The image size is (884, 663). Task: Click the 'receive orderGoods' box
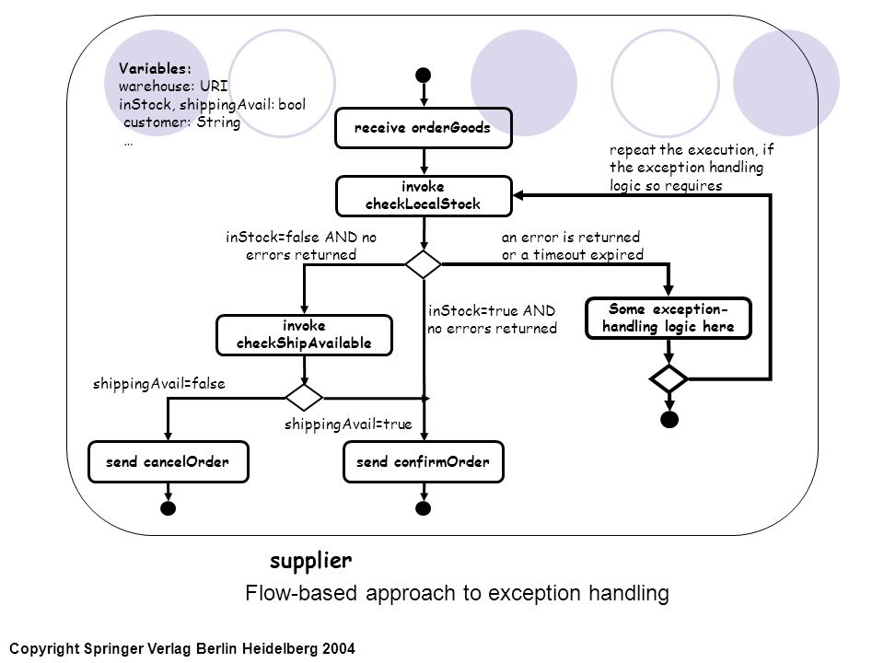click(424, 128)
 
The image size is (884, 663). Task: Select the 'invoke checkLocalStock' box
click(424, 196)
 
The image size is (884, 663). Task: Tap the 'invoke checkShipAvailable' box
click(304, 335)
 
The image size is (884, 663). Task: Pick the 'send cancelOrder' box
click(168, 461)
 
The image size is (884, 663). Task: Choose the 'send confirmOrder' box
click(424, 461)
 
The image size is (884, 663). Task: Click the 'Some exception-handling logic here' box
click(669, 318)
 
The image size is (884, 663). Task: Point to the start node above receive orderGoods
click(424, 75)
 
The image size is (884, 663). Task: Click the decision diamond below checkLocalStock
click(424, 264)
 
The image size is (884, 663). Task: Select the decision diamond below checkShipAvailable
click(304, 398)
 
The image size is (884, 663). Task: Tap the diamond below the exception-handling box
click(669, 378)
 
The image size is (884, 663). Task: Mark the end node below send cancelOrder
click(168, 508)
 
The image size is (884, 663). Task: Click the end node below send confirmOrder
click(424, 508)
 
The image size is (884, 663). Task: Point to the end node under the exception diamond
click(669, 420)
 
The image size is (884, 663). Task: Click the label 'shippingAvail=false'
click(159, 384)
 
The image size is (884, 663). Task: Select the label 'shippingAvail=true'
click(348, 424)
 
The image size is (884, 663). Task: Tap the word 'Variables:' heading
click(155, 69)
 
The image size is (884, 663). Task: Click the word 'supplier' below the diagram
click(310, 561)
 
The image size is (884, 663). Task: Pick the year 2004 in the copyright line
click(338, 648)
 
